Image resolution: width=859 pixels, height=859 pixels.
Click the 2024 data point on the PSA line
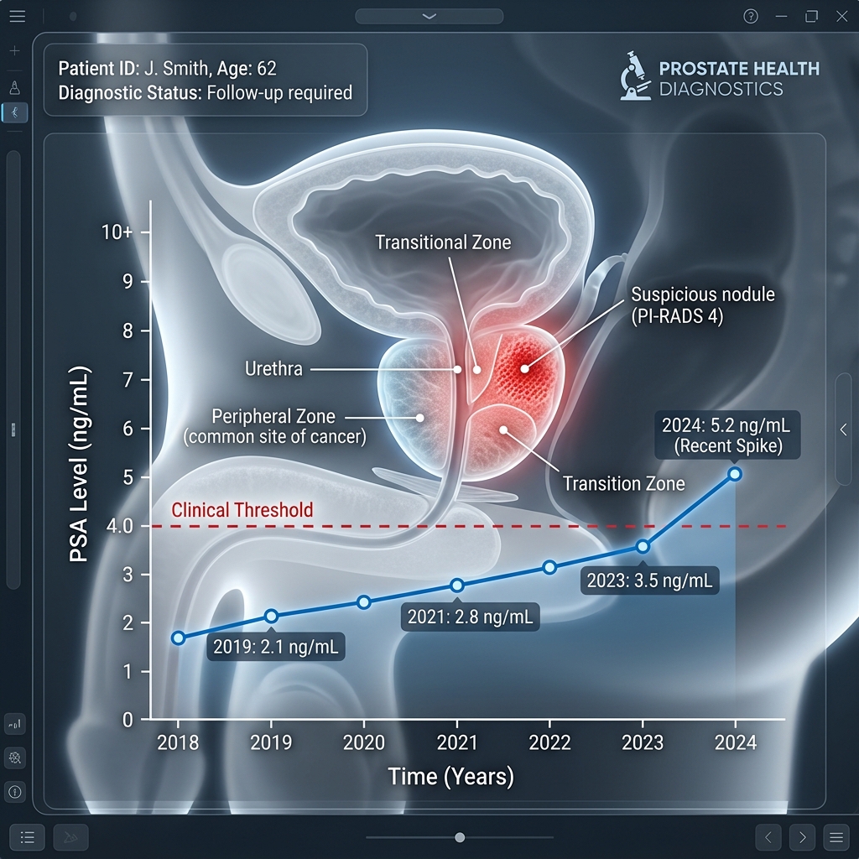(735, 474)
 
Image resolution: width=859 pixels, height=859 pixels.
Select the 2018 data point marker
(178, 638)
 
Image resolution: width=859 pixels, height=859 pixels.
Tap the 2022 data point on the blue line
(549, 568)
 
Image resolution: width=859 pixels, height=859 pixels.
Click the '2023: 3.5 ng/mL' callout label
(650, 580)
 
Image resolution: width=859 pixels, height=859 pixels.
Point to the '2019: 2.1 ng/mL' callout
(275, 647)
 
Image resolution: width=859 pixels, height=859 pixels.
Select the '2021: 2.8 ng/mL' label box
(470, 617)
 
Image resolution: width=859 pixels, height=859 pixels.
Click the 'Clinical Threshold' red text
(242, 510)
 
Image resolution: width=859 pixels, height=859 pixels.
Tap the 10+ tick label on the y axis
(117, 232)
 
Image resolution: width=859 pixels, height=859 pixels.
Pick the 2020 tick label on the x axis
(364, 742)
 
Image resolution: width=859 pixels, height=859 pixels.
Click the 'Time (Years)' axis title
(450, 777)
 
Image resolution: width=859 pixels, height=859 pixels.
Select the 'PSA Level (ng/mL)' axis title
(80, 464)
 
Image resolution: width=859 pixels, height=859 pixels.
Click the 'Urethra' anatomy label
(273, 369)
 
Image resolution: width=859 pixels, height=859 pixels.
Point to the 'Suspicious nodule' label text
(703, 294)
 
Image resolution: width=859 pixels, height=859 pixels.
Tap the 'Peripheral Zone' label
(273, 416)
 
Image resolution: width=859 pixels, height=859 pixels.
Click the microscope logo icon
(636, 75)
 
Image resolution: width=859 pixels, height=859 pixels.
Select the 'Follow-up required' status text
(279, 92)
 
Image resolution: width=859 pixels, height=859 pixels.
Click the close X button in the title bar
(842, 17)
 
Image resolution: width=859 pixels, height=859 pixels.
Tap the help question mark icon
(751, 17)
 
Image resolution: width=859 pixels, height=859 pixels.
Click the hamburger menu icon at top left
(18, 16)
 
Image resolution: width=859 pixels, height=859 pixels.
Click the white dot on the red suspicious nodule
(525, 369)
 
